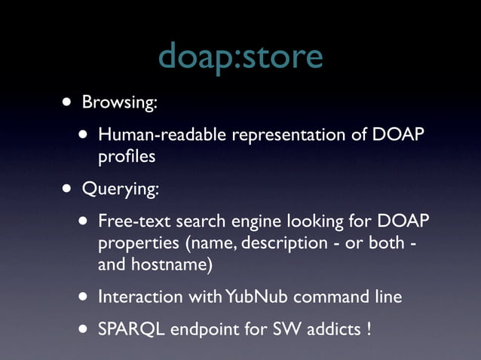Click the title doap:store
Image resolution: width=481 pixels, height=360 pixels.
click(x=240, y=56)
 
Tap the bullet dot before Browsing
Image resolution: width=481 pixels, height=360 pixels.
click(x=69, y=102)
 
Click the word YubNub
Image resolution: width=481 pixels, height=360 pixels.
click(x=246, y=297)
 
